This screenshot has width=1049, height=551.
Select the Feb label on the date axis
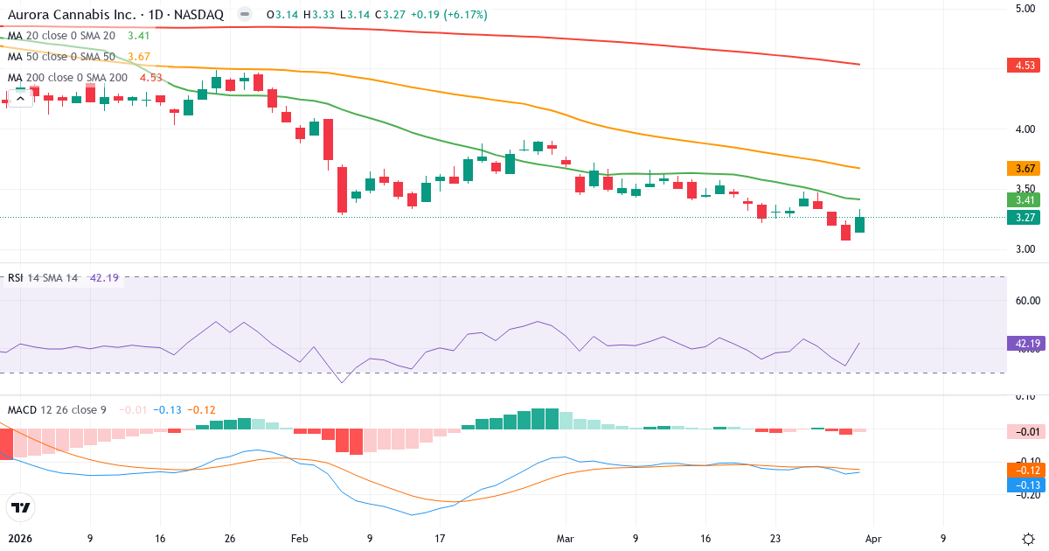pyautogui.click(x=300, y=539)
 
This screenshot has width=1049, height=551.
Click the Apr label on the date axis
pyautogui.click(x=873, y=539)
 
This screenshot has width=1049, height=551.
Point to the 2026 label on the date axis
pyautogui.click(x=19, y=539)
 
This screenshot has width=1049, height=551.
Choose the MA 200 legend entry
pyautogui.click(x=67, y=78)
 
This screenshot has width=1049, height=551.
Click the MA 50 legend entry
pyautogui.click(x=61, y=57)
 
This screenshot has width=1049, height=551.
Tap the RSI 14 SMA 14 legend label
pyautogui.click(x=43, y=278)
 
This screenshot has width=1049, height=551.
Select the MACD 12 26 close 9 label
pyautogui.click(x=57, y=410)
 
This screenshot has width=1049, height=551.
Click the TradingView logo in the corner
pyautogui.click(x=21, y=507)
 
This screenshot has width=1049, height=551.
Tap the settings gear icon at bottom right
pyautogui.click(x=1028, y=539)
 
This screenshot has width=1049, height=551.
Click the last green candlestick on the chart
pyautogui.click(x=859, y=225)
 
